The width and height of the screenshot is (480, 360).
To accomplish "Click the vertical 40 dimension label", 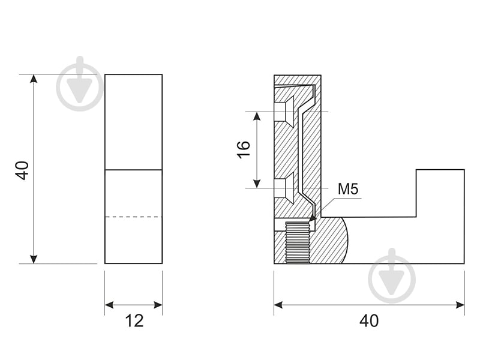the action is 22,170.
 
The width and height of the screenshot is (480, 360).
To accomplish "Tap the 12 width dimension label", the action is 134,321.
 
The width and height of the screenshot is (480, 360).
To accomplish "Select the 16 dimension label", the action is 244,149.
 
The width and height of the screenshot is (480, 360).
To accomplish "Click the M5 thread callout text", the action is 348,189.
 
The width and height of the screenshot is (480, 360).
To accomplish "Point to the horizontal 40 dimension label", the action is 369,321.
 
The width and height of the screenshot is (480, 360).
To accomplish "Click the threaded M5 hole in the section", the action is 297,242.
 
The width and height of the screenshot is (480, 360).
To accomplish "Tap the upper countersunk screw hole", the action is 284,112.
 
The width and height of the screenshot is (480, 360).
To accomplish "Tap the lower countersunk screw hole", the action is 284,188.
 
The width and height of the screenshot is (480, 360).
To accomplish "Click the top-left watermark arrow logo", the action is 80,83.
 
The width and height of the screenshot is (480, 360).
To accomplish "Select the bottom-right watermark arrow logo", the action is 392,275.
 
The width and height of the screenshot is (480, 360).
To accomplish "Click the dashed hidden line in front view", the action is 134,217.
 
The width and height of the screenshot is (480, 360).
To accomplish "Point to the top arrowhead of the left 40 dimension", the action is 34,79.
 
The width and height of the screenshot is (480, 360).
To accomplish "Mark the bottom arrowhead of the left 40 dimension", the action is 34,259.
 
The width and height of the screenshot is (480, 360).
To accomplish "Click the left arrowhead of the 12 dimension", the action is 109,305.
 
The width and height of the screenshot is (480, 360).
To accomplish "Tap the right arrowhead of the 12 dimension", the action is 158,305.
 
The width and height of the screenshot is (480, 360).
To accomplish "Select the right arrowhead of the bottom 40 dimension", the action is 460,305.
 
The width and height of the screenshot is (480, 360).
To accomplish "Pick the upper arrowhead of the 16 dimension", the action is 257,116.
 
